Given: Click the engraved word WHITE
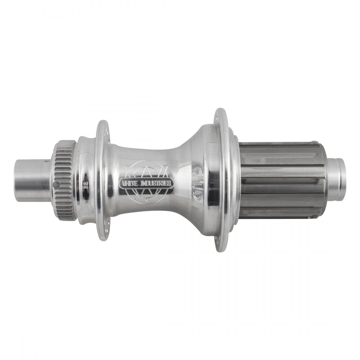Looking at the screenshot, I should click(128, 184).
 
